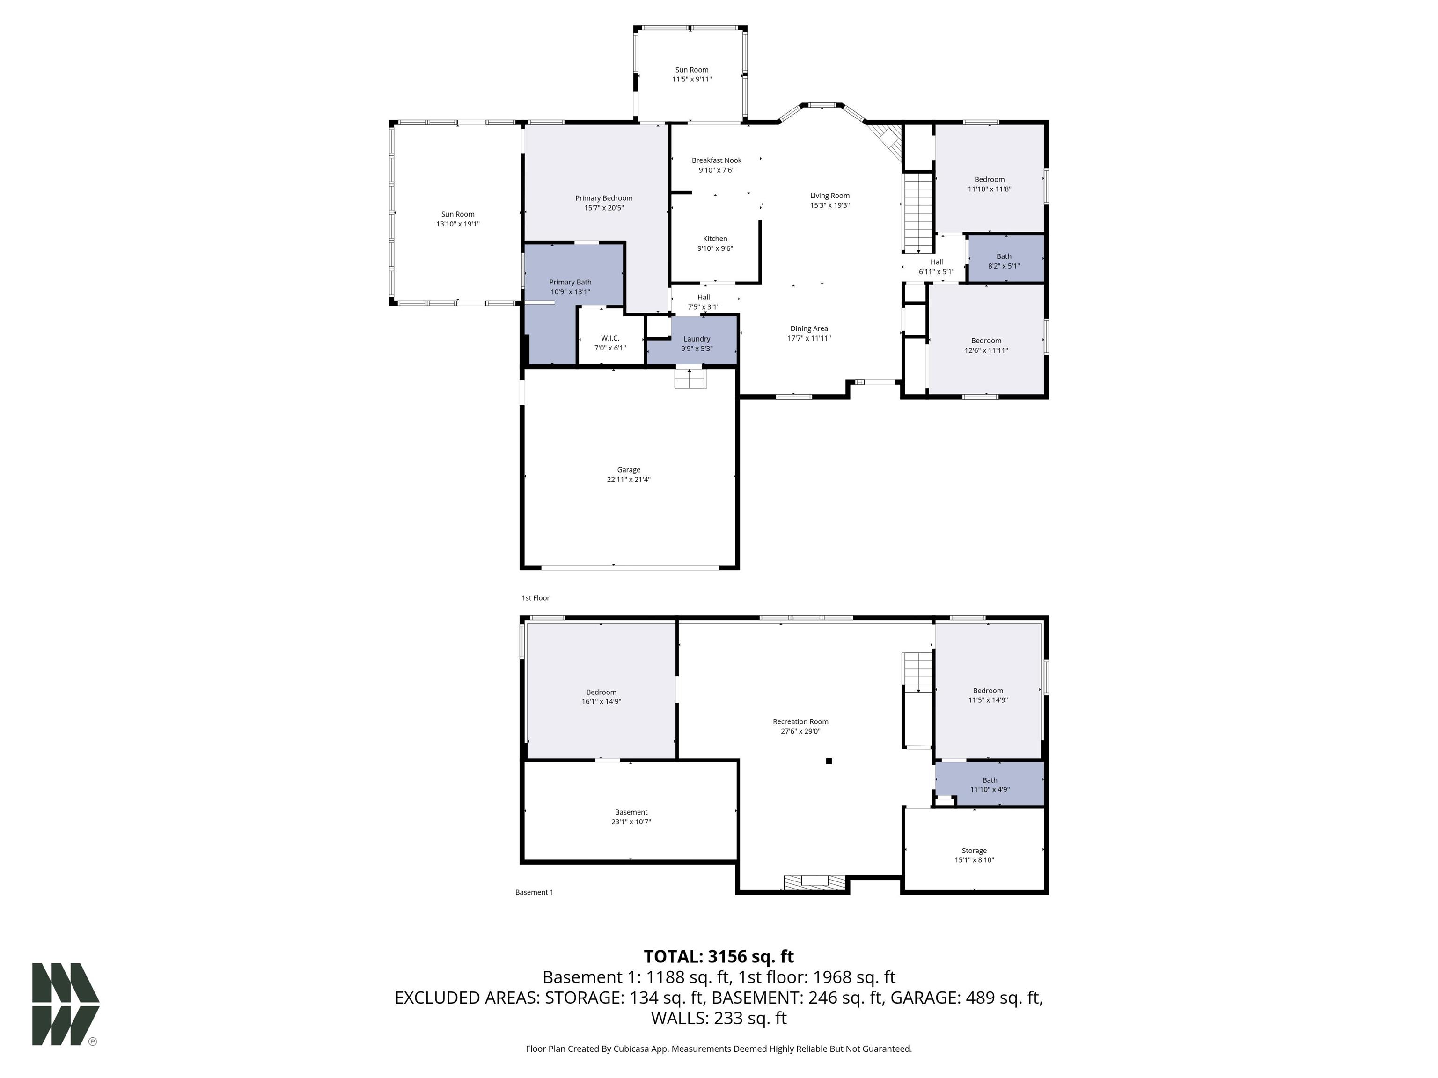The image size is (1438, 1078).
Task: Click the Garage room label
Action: (x=629, y=470)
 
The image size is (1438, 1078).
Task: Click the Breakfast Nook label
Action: (x=716, y=160)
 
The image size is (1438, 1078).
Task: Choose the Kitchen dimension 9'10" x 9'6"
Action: (x=715, y=248)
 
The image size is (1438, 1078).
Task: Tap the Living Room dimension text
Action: (x=830, y=205)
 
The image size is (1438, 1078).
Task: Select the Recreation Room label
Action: (x=801, y=721)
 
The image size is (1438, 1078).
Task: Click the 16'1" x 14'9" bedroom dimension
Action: (x=602, y=702)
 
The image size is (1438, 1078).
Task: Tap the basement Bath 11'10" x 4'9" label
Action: (x=990, y=785)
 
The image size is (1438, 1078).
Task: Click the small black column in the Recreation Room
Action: (x=829, y=761)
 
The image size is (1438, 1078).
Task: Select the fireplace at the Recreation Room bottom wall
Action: (x=814, y=882)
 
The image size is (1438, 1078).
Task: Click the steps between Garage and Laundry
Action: (x=690, y=378)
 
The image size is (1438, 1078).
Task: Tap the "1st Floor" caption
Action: (x=536, y=598)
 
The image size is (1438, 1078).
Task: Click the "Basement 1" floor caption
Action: (x=535, y=892)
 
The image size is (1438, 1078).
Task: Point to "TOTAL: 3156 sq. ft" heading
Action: (x=719, y=956)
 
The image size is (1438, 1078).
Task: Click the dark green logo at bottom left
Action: (x=66, y=1004)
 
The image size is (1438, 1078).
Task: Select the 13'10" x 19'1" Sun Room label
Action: (x=458, y=219)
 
